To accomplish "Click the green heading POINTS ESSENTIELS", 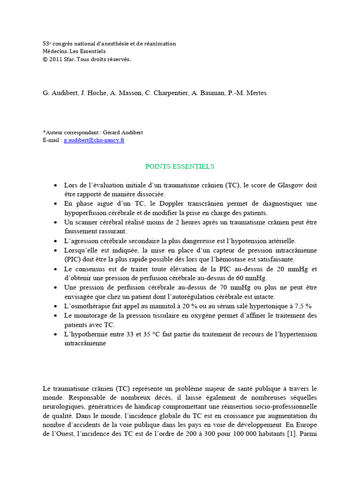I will (x=180, y=166).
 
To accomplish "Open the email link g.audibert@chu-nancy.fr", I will (x=94, y=140).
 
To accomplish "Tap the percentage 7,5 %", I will (x=302, y=306).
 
